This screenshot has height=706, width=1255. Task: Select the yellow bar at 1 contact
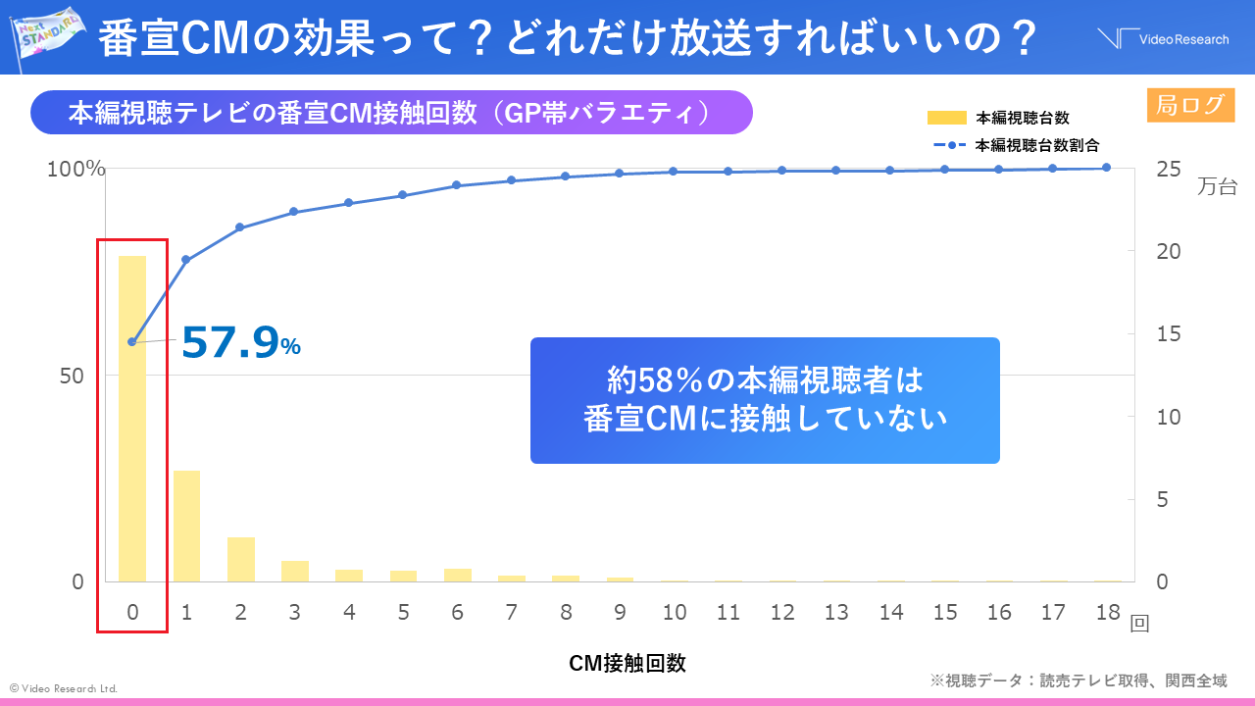[x=186, y=526]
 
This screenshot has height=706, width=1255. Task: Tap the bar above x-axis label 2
[x=241, y=559]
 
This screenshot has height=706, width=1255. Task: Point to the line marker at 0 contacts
[x=132, y=341]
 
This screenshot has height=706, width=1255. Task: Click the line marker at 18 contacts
[x=1107, y=168]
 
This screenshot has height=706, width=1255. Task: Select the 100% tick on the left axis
[x=76, y=170]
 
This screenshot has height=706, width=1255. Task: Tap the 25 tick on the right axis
[x=1169, y=170]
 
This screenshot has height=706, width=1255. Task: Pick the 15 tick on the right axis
[x=1169, y=334]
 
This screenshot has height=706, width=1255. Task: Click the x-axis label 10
[x=674, y=612]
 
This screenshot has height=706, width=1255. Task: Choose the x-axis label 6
[x=457, y=612]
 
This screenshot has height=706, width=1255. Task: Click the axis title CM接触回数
[x=627, y=663]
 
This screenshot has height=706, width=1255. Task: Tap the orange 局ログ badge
[x=1190, y=105]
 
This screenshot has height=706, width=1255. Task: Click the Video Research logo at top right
[x=1163, y=39]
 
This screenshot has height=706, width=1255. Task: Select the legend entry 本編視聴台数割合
[x=1036, y=145]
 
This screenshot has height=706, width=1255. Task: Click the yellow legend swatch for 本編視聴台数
[x=946, y=119]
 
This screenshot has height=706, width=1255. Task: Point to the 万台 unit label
[x=1217, y=186]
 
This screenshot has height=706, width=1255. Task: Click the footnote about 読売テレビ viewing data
[x=1079, y=681]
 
